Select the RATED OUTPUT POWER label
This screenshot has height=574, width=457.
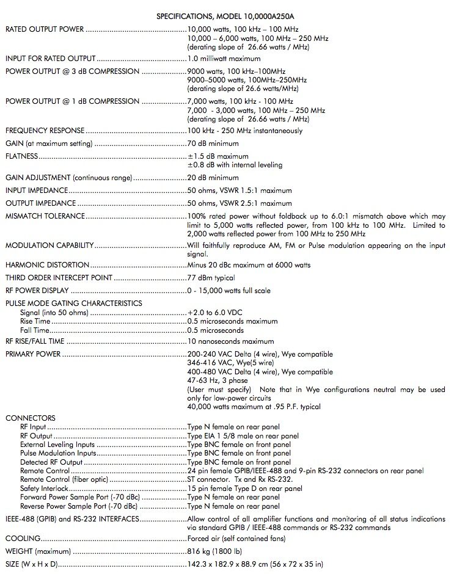pyautogui.click(x=45, y=29)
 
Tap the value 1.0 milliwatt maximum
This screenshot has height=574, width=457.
pyautogui.click(x=224, y=59)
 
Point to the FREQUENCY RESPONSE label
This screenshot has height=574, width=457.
pyautogui.click(x=45, y=131)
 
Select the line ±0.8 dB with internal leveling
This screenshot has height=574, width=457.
pyautogui.click(x=235, y=165)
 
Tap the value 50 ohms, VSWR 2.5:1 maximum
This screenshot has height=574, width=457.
pyautogui.click(x=240, y=203)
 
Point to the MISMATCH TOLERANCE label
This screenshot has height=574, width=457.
pyautogui.click(x=45, y=216)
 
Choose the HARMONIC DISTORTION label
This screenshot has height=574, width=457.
pyautogui.click(x=47, y=265)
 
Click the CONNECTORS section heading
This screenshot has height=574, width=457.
pyautogui.click(x=31, y=418)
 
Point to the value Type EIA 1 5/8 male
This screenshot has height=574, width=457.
pyautogui.click(x=230, y=436)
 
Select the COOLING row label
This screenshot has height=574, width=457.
pyautogui.click(x=23, y=539)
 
